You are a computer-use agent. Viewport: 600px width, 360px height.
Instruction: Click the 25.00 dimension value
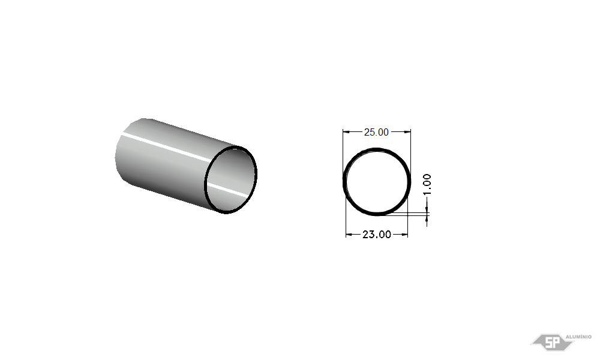pyautogui.click(x=376, y=132)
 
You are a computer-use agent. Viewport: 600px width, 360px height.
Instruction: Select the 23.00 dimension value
pyautogui.click(x=377, y=235)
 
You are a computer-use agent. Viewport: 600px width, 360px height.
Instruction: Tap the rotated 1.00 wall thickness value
pyautogui.click(x=427, y=184)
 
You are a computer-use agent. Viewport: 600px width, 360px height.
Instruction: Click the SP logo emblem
pyautogui.click(x=553, y=342)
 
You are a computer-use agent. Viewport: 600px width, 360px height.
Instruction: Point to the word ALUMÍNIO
pyautogui.click(x=578, y=337)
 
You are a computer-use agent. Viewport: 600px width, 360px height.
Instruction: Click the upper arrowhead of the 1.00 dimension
pyautogui.click(x=427, y=209)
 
